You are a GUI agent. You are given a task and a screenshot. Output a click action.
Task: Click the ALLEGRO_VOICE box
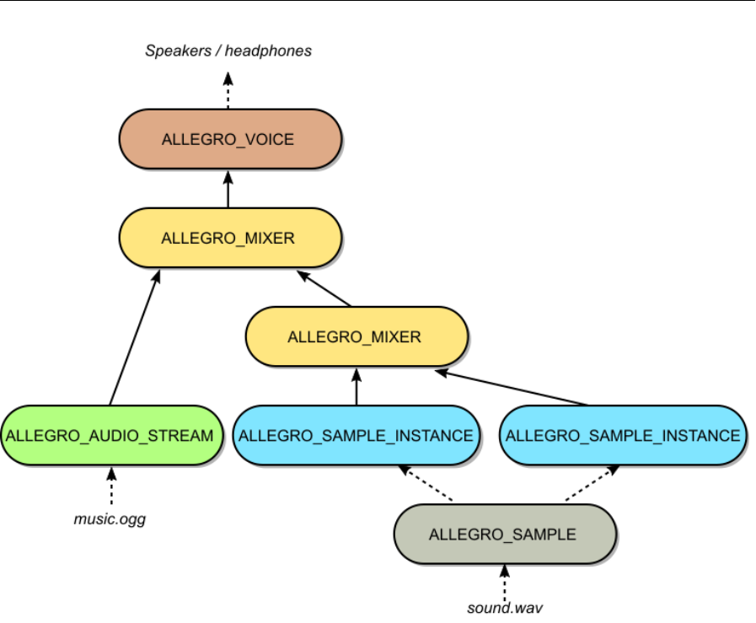(229, 139)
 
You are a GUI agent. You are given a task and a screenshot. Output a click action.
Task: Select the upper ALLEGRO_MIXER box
(229, 239)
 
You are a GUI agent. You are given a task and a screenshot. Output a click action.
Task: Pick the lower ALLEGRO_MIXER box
(356, 337)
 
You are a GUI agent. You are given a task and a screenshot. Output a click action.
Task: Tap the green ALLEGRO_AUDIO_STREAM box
(110, 436)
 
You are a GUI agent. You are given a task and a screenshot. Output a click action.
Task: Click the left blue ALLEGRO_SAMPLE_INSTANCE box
(356, 436)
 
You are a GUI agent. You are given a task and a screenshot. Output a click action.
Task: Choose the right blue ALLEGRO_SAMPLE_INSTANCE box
(622, 436)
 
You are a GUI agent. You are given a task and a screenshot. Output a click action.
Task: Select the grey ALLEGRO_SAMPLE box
(504, 534)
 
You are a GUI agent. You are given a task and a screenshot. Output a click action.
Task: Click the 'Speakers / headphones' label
(228, 51)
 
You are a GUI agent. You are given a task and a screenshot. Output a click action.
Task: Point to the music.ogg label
(110, 519)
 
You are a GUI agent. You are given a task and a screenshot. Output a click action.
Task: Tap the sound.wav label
(504, 607)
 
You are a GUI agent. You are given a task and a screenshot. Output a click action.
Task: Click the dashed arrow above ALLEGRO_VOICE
(228, 91)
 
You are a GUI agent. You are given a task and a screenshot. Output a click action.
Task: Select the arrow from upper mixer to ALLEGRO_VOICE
(228, 189)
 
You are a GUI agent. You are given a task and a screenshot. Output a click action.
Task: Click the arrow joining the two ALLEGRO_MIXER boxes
(324, 288)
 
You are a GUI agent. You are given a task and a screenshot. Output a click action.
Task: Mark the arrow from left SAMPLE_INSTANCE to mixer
(356, 386)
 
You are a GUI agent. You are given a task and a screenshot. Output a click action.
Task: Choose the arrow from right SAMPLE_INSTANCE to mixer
(512, 388)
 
